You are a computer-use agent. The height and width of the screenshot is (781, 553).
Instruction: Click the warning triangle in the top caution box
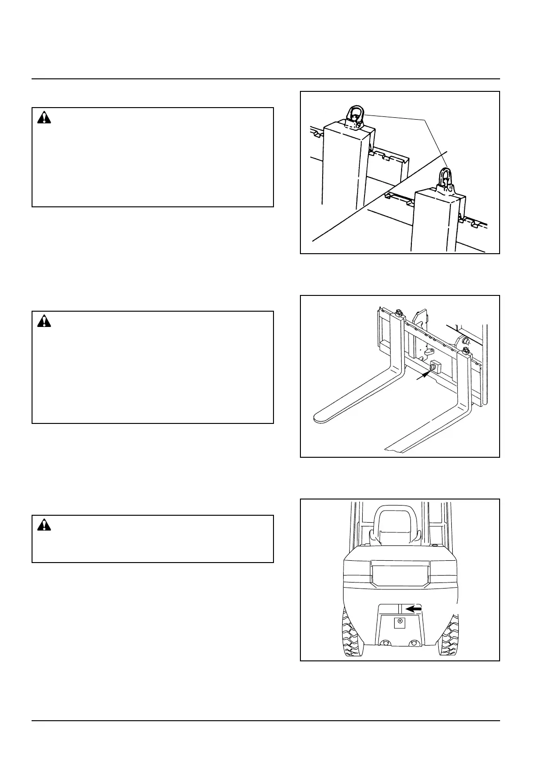[x=44, y=118]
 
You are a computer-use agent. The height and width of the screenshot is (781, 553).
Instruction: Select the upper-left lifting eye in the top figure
[x=356, y=116]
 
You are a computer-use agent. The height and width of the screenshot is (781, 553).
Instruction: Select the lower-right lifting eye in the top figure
[x=445, y=179]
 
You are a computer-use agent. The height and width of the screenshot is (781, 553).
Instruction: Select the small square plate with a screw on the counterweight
[x=399, y=622]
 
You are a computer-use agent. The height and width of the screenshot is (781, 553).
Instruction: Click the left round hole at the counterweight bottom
[x=384, y=642]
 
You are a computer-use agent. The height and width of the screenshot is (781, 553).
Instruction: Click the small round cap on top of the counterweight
[x=435, y=546]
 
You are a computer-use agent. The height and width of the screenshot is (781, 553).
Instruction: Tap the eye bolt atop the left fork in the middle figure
[x=398, y=314]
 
